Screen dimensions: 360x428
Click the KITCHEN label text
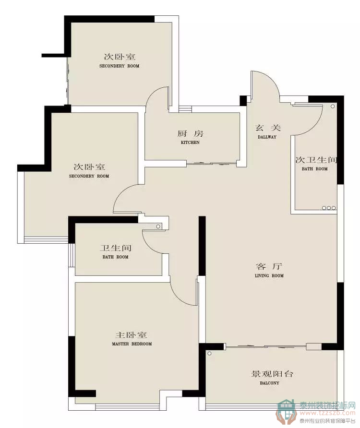(190, 143)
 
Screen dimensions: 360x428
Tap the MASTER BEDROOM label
(132, 344)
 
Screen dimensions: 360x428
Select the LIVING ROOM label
(269, 276)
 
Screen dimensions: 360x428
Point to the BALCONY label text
(270, 383)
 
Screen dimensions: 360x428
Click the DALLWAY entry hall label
(267, 137)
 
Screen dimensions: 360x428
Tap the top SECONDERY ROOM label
(120, 66)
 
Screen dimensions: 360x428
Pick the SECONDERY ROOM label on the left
(89, 176)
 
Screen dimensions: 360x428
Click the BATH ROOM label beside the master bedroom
(115, 257)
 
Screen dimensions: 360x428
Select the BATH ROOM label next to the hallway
(315, 169)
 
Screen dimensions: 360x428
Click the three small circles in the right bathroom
(329, 208)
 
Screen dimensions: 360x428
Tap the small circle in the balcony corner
(209, 354)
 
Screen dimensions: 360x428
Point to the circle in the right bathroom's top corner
(333, 106)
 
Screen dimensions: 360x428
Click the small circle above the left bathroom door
(158, 226)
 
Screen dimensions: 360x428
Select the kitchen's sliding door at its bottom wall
(211, 164)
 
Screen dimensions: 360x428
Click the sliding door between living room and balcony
(266, 346)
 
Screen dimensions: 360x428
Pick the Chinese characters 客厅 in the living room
(269, 266)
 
